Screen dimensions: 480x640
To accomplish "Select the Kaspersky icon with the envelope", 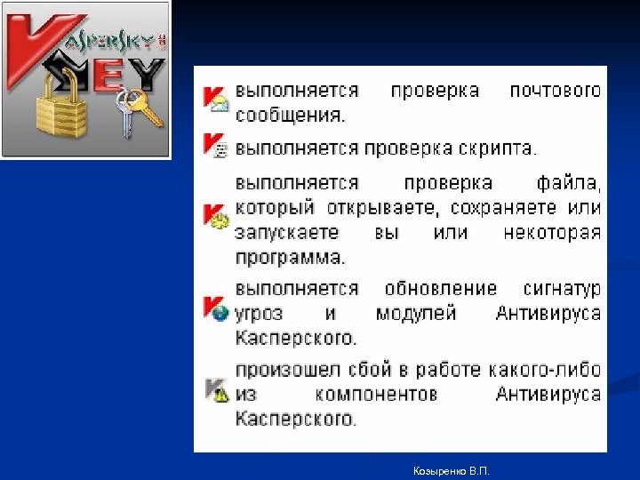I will pos(216,99).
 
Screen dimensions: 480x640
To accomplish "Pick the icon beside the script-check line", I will pos(216,145).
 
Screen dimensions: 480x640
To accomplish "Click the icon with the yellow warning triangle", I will pos(216,391).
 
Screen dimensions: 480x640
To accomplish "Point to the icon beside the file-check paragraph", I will pos(216,217).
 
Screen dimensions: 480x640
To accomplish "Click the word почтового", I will pos(555,91).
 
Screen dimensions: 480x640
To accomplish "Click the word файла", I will pos(568,184).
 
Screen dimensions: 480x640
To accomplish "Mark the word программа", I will pos(290,258).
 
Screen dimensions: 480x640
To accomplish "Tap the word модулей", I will pos(416,313).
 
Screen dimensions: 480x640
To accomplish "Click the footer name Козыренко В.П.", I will pos(451,468).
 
